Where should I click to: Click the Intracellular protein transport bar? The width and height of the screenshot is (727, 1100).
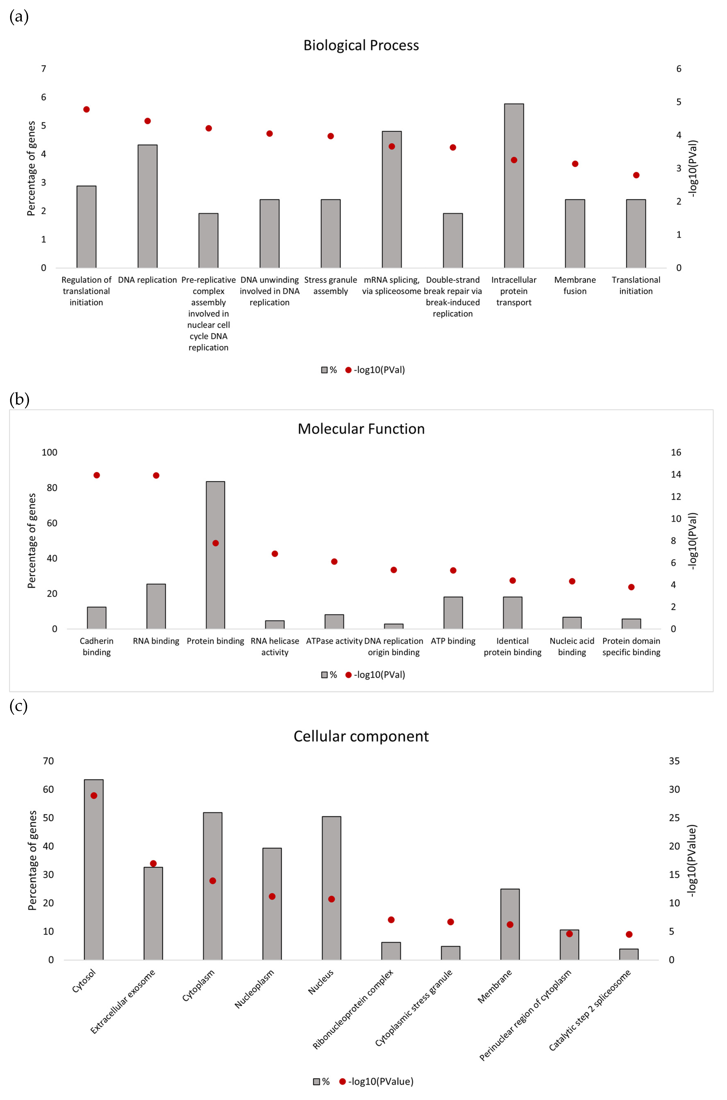[514, 186]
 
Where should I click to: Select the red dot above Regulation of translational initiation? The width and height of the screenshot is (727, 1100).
[86, 109]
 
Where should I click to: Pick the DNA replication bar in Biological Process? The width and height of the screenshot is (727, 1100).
[147, 206]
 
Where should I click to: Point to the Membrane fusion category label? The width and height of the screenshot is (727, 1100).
[575, 285]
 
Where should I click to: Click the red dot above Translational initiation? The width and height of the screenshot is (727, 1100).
[636, 175]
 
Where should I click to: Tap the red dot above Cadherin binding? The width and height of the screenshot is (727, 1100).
[96, 475]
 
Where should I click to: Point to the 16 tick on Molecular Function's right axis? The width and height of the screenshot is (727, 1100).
[676, 453]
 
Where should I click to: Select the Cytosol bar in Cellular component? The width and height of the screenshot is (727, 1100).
[94, 870]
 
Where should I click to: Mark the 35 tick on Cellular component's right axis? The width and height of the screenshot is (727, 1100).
[674, 761]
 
